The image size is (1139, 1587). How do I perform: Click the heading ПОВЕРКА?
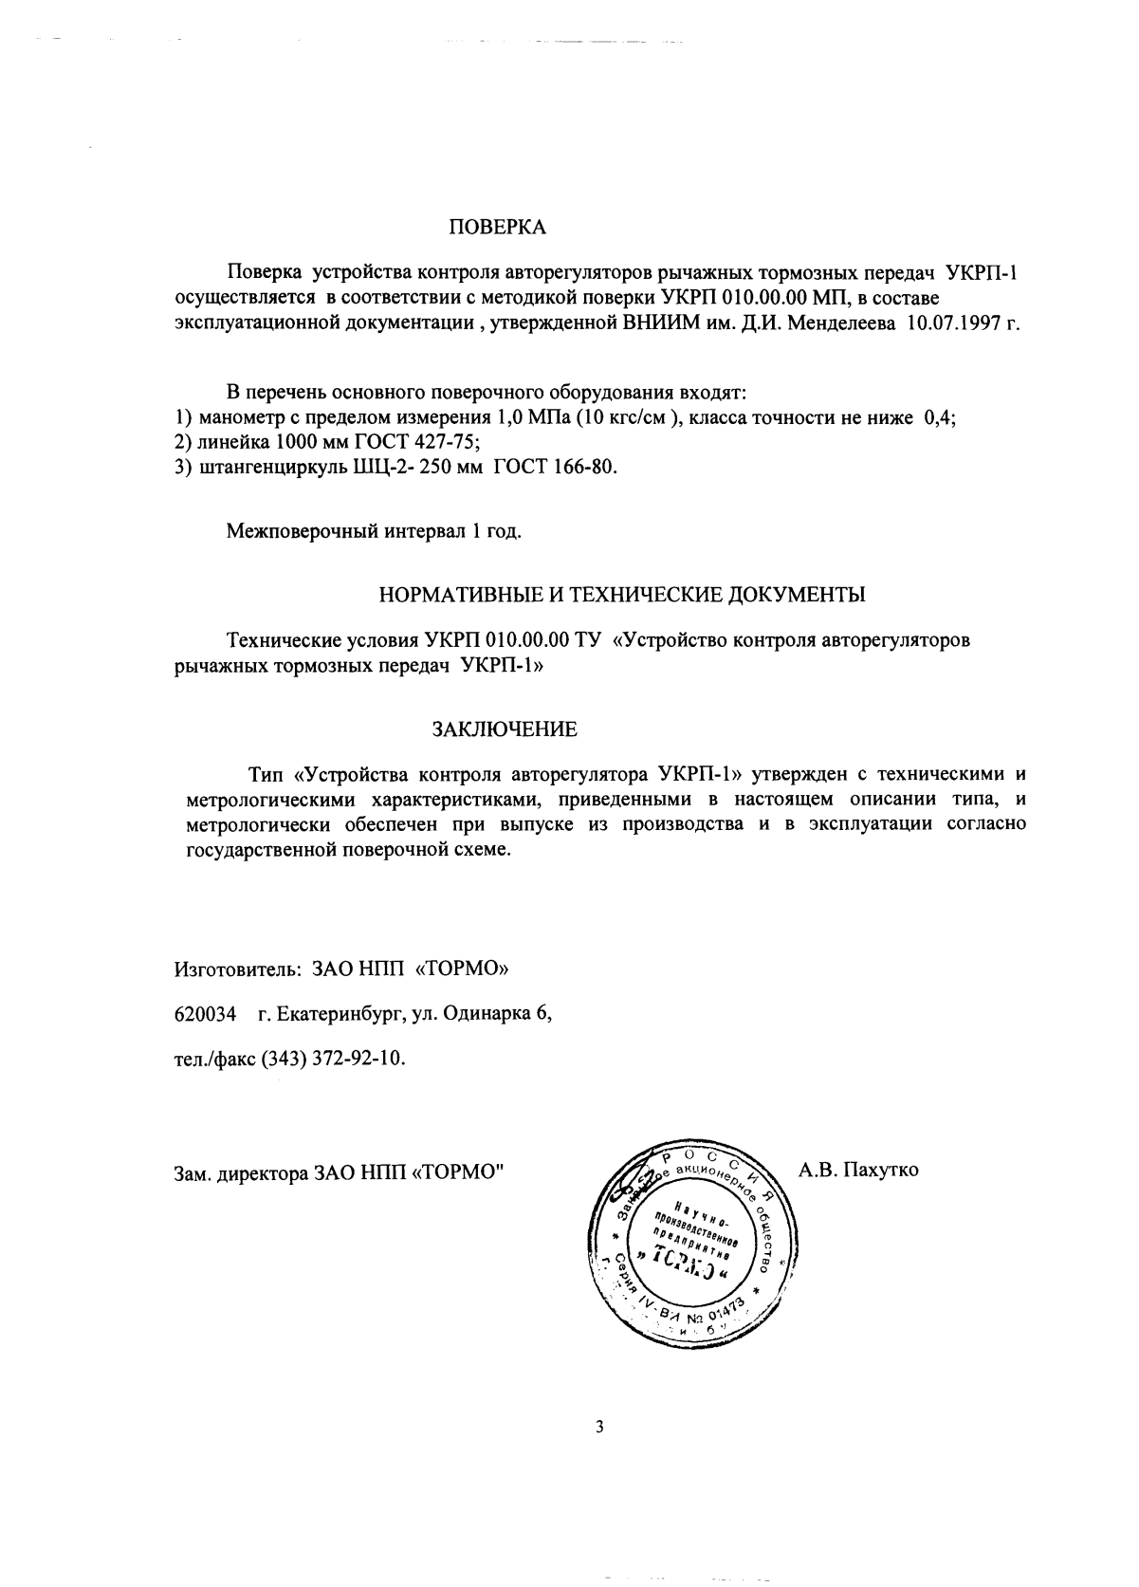coord(497,229)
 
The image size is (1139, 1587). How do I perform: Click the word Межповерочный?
coord(301,531)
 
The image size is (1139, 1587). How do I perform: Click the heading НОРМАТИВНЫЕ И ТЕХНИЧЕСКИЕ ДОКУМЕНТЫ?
coord(621,596)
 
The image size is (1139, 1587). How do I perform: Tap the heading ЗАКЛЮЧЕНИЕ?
coord(505,730)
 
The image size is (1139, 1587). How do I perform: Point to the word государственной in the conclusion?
coord(259,851)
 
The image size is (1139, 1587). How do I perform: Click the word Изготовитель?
coord(230,970)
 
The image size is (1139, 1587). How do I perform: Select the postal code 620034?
coord(205,1015)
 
